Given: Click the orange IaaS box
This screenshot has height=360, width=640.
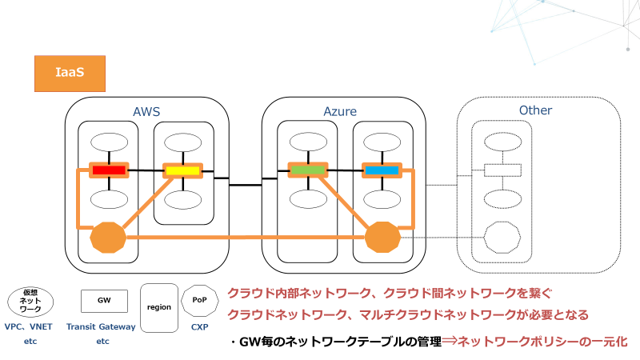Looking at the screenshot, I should (70, 72).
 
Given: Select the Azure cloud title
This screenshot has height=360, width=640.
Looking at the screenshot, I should (340, 111).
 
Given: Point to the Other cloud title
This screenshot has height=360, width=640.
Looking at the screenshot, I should (535, 110).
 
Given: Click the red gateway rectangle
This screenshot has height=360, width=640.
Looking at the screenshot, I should (109, 170).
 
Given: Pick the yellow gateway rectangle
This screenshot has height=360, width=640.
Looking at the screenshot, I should (182, 170).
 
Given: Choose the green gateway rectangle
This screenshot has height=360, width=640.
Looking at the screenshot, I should (308, 170).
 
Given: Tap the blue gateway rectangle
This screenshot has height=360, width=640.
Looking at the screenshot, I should (381, 170).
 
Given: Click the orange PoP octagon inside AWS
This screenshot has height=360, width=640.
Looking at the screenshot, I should (109, 237).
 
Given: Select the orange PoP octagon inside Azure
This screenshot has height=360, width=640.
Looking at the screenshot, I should (382, 237).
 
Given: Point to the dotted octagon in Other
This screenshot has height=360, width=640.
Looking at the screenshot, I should (502, 238).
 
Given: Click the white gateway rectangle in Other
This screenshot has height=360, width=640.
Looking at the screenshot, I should (502, 170).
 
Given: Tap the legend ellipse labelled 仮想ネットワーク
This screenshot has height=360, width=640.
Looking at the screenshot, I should (30, 302).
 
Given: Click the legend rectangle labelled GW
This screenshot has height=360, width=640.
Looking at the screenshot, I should (104, 301).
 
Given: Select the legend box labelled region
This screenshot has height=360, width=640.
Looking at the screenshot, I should (159, 307).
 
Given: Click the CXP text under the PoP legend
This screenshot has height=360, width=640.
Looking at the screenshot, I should (199, 326).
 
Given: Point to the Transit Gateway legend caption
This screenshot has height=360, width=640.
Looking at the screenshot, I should (103, 326).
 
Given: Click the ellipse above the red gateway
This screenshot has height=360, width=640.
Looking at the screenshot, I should (109, 142).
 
